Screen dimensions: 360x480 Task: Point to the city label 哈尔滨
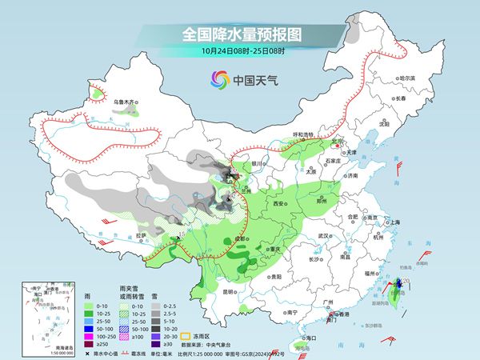click(x=406, y=78)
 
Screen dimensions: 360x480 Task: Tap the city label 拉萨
click(x=141, y=235)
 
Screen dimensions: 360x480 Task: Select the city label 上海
click(x=394, y=222)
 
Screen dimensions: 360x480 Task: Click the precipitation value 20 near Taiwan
click(x=406, y=282)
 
